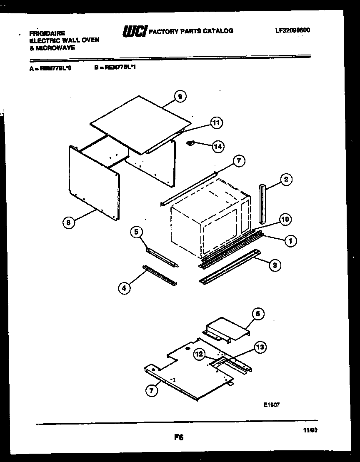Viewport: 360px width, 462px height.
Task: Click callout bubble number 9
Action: (180, 97)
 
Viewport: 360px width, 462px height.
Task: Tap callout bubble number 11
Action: (216, 122)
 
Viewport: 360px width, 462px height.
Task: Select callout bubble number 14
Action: (217, 146)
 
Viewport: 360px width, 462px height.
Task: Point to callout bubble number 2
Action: (285, 180)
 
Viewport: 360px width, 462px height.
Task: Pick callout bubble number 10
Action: (285, 220)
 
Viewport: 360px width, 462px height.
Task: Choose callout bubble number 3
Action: (275, 265)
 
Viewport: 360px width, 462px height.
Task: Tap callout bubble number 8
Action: (69, 223)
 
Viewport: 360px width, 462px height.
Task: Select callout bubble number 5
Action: (136, 232)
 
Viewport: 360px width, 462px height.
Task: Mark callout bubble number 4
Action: (124, 288)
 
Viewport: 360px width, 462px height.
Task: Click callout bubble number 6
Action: (258, 314)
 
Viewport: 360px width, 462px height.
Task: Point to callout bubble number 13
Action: (260, 347)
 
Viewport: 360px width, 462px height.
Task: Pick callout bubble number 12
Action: (200, 355)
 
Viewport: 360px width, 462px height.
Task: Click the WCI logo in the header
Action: (134, 31)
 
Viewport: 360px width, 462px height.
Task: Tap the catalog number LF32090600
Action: (292, 30)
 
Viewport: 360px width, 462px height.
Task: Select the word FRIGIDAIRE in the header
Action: (47, 33)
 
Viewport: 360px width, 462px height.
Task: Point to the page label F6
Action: (179, 437)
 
